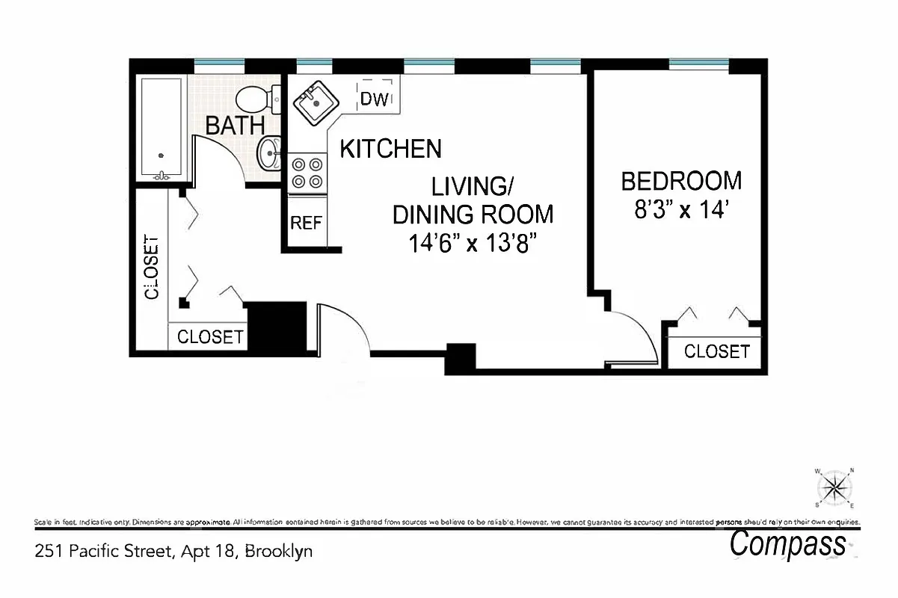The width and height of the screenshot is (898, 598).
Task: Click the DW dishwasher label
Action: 375,99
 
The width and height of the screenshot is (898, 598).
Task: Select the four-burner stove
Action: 307,172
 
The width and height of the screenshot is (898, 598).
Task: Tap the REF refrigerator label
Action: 306,223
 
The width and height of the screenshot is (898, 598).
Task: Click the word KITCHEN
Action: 390,149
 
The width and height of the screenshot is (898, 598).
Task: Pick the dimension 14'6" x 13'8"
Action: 473,244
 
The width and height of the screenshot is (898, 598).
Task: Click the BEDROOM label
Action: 681,181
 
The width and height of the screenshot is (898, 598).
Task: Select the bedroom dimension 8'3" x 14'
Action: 681,210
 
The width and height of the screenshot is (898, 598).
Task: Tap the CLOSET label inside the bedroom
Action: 716,351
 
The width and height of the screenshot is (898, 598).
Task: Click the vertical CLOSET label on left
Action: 152,268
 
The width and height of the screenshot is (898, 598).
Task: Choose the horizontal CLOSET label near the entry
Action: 210,337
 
